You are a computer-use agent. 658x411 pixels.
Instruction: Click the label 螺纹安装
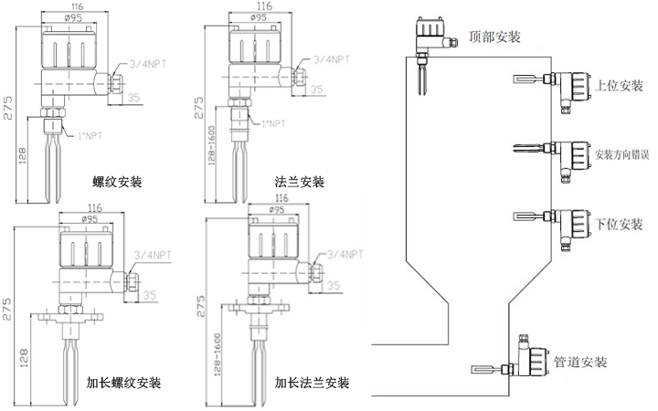point(117,182)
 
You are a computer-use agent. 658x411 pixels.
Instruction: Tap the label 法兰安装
point(300,182)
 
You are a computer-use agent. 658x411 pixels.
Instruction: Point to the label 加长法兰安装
point(312,381)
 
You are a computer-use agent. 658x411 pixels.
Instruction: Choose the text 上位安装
point(620,87)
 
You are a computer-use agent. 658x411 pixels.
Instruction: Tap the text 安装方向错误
point(626,154)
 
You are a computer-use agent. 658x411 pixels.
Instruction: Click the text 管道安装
point(579,363)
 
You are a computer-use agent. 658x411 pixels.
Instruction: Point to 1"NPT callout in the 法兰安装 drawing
point(273,121)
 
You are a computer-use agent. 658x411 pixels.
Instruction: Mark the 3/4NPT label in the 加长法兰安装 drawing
point(346,253)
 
